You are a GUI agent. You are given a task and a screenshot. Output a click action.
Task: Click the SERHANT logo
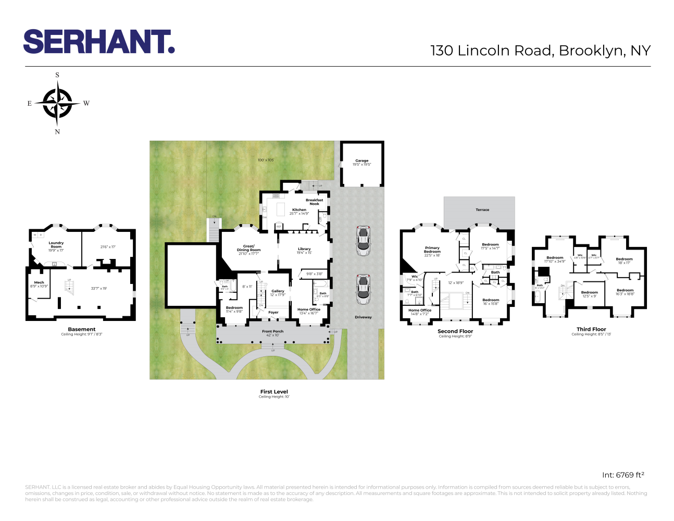(x=98, y=42)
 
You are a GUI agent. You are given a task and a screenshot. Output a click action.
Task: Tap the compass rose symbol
(x=57, y=103)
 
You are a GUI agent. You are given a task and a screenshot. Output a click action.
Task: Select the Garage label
(x=361, y=161)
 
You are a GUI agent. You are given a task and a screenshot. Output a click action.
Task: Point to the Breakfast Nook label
(x=314, y=202)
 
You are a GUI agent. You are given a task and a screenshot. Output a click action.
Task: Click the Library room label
(x=304, y=249)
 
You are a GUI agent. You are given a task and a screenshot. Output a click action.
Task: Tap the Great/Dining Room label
(x=248, y=248)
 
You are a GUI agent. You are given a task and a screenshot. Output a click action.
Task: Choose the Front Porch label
(x=272, y=331)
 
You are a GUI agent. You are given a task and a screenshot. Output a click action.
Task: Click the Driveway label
(x=363, y=317)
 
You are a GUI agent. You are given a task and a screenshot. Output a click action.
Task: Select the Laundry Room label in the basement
(x=56, y=244)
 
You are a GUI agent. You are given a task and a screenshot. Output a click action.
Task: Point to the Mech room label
(x=39, y=282)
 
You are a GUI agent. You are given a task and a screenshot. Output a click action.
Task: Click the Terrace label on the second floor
(x=482, y=210)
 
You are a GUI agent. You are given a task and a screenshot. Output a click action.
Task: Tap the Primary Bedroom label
(x=432, y=250)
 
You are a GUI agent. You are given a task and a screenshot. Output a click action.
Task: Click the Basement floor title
(x=82, y=329)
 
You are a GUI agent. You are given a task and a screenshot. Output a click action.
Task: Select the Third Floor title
(x=591, y=329)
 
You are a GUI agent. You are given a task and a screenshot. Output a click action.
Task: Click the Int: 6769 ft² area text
(x=623, y=475)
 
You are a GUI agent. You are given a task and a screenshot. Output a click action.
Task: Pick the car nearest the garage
(x=363, y=240)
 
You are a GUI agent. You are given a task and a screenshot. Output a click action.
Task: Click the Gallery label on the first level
(x=278, y=291)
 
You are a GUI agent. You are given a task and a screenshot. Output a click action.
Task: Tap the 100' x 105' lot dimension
(x=266, y=160)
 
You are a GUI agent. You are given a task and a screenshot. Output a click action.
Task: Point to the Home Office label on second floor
(x=420, y=311)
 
